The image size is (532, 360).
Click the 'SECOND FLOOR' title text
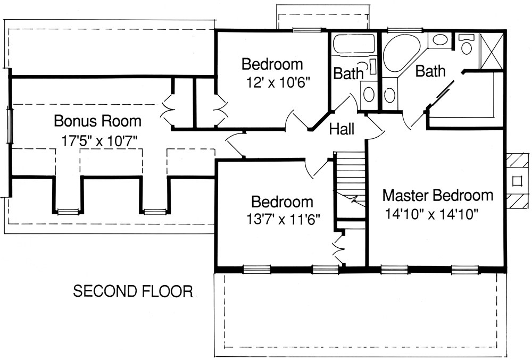tap(132, 291)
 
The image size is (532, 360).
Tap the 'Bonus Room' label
tap(98, 121)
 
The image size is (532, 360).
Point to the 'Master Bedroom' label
tap(437, 195)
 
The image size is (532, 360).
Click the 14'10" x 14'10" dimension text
tap(433, 214)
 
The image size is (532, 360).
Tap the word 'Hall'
tap(342, 129)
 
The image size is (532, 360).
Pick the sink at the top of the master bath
tap(439, 40)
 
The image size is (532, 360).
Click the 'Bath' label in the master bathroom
tap(430, 71)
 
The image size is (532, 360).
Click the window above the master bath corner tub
tap(396, 30)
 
